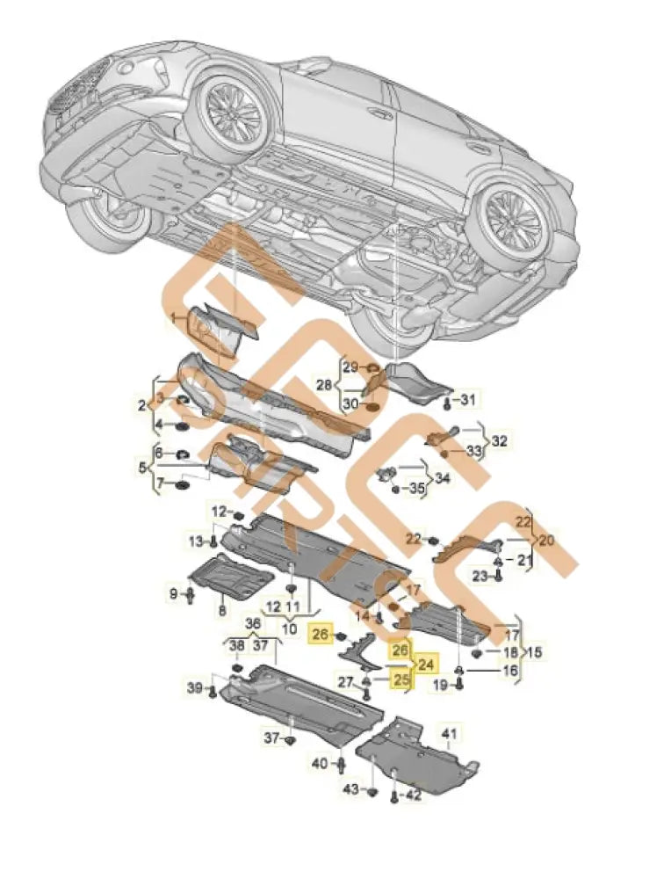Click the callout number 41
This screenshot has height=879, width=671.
click(450, 733)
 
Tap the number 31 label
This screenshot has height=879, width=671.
click(468, 401)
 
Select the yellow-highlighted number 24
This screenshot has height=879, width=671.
click(426, 665)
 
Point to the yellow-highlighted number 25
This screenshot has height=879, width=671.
click(401, 679)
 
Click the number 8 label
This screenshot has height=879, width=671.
click(221, 609)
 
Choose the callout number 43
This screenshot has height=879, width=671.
click(351, 790)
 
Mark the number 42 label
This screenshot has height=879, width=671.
click(414, 795)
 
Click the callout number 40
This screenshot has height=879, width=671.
click(320, 762)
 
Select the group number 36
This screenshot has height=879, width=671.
click(254, 624)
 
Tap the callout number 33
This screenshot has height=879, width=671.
click(475, 451)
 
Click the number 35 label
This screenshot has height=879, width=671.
click(416, 488)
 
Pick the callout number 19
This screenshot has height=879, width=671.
click(439, 685)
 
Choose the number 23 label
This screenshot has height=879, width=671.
click(478, 576)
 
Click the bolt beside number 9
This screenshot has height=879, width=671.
click(189, 597)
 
